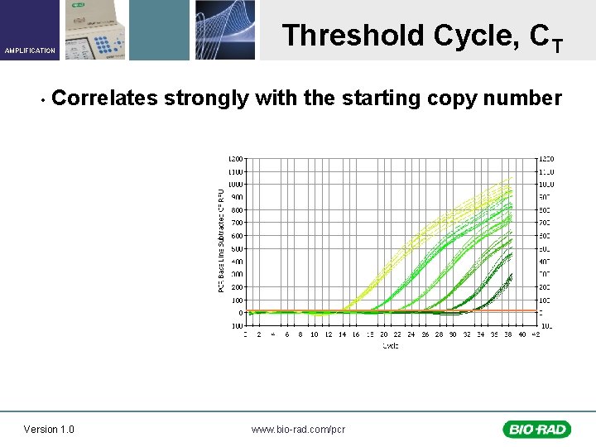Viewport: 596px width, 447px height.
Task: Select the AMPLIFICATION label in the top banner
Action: coord(30,50)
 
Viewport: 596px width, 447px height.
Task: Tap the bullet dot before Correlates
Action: coord(41,100)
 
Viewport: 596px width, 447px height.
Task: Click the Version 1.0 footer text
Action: coord(49,429)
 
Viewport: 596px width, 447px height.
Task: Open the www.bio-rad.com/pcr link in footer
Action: coord(298,429)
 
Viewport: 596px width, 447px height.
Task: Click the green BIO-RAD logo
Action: coord(536,429)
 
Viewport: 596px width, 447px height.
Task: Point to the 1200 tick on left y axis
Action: coord(236,158)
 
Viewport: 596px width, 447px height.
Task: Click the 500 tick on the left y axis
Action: coord(237,248)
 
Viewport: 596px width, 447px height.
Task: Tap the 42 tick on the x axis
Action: coord(536,335)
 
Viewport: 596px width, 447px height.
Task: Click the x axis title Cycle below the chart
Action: coord(390,345)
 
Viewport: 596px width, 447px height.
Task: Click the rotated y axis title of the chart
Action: coord(221,240)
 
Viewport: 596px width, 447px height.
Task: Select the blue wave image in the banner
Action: coord(225,29)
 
